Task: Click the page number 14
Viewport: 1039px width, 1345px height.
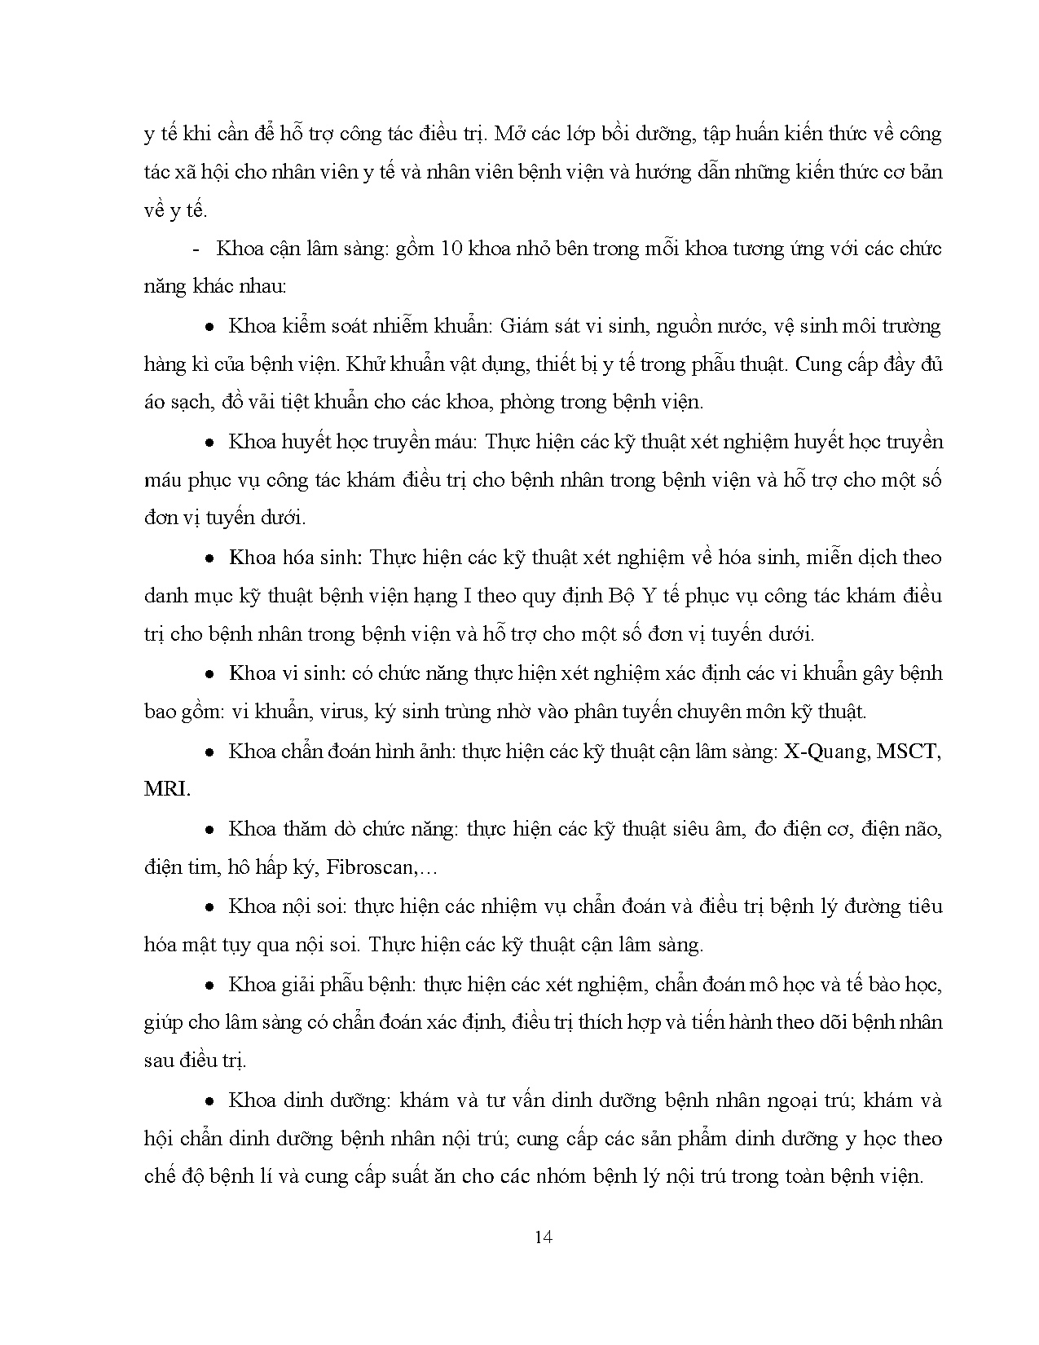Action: pos(544,1237)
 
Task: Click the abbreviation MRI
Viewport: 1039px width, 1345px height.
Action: pos(166,790)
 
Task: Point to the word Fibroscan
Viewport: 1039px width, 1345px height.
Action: pos(370,867)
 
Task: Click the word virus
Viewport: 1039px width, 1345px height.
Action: pos(342,712)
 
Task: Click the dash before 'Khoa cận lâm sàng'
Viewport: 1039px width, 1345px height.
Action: pos(195,249)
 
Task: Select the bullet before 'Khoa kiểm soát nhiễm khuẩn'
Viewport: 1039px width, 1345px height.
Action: pos(209,327)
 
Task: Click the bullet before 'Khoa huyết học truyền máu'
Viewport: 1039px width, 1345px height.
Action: pos(209,443)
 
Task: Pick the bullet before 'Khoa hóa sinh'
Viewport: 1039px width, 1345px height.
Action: pos(209,558)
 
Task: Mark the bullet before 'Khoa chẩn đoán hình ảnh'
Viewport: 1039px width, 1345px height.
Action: pos(209,752)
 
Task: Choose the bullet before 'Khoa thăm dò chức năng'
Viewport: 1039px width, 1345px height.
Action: pos(209,830)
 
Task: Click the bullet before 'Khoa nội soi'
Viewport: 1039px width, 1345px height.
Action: pos(209,907)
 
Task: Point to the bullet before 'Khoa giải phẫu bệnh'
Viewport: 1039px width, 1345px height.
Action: pos(209,986)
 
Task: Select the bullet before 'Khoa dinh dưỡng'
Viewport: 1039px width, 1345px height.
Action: pos(209,1101)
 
